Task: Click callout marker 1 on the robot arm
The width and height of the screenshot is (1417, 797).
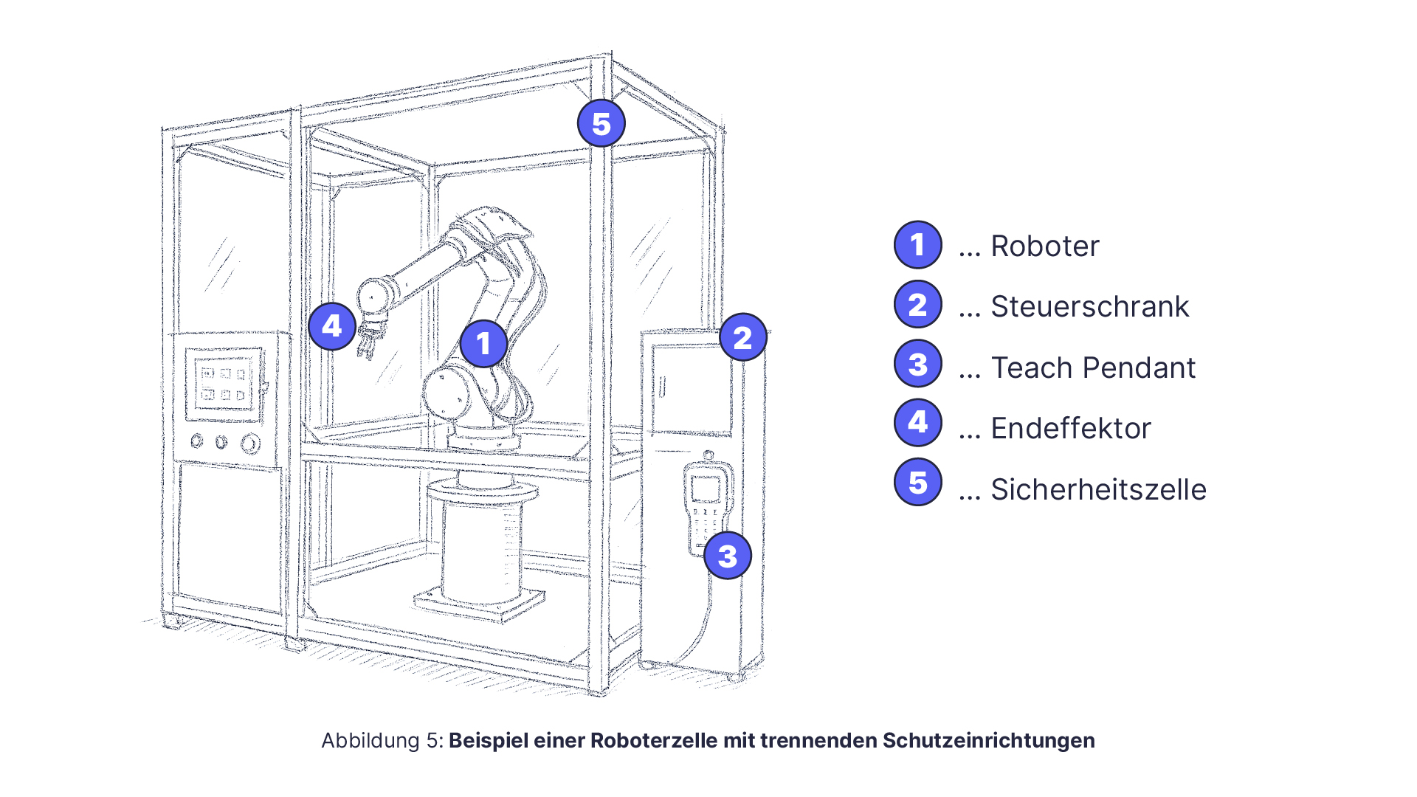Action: point(483,343)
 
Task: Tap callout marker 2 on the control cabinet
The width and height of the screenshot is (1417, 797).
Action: point(742,337)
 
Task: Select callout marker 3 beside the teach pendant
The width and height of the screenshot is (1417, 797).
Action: point(727,556)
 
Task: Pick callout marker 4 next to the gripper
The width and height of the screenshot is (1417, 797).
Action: point(332,325)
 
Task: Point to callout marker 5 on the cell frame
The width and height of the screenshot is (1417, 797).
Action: point(601,123)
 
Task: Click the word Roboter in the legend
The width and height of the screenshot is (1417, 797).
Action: point(1044,246)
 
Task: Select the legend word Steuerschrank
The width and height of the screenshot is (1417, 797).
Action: point(1089,306)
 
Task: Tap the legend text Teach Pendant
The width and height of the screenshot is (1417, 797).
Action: point(1092,368)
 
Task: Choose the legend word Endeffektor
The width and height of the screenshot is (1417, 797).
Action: point(1070,428)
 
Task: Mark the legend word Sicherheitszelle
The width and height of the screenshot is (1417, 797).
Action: point(1097,489)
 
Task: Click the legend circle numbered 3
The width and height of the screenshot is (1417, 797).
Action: point(917,364)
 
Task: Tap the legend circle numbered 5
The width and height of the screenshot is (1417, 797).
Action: point(917,483)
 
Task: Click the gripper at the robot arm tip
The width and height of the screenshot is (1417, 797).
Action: point(370,339)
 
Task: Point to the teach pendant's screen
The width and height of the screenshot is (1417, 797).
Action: point(706,489)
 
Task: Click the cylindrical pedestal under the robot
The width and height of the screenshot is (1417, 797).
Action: point(480,546)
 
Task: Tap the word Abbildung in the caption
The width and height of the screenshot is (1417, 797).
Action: point(370,740)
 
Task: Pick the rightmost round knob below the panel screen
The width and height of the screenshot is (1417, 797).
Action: point(251,443)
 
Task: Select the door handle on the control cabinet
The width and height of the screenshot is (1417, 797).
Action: point(662,386)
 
